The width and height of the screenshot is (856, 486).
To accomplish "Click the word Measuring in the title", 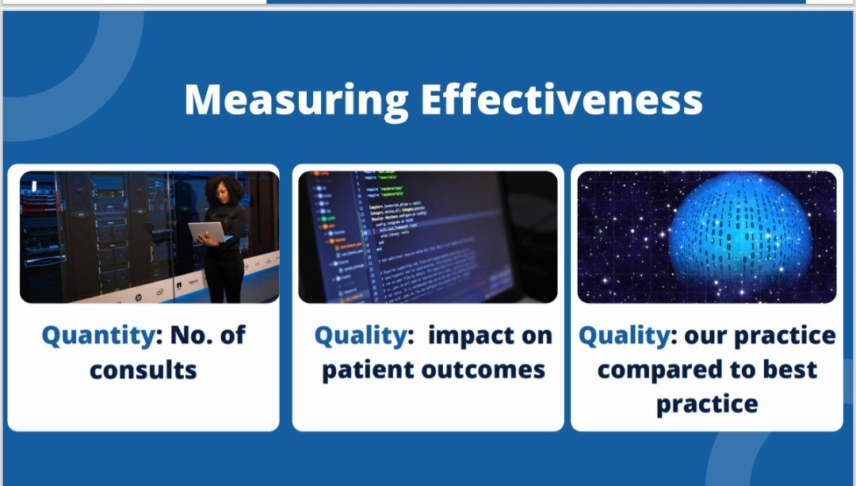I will (x=296, y=101).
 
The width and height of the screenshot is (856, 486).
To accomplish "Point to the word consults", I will (x=143, y=369).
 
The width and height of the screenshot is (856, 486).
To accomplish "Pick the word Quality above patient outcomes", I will (x=361, y=335).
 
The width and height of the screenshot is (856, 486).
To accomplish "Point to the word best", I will (x=788, y=369).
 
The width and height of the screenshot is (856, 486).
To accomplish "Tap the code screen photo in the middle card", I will (x=428, y=236).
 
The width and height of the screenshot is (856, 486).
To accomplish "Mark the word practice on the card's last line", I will (x=706, y=404).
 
